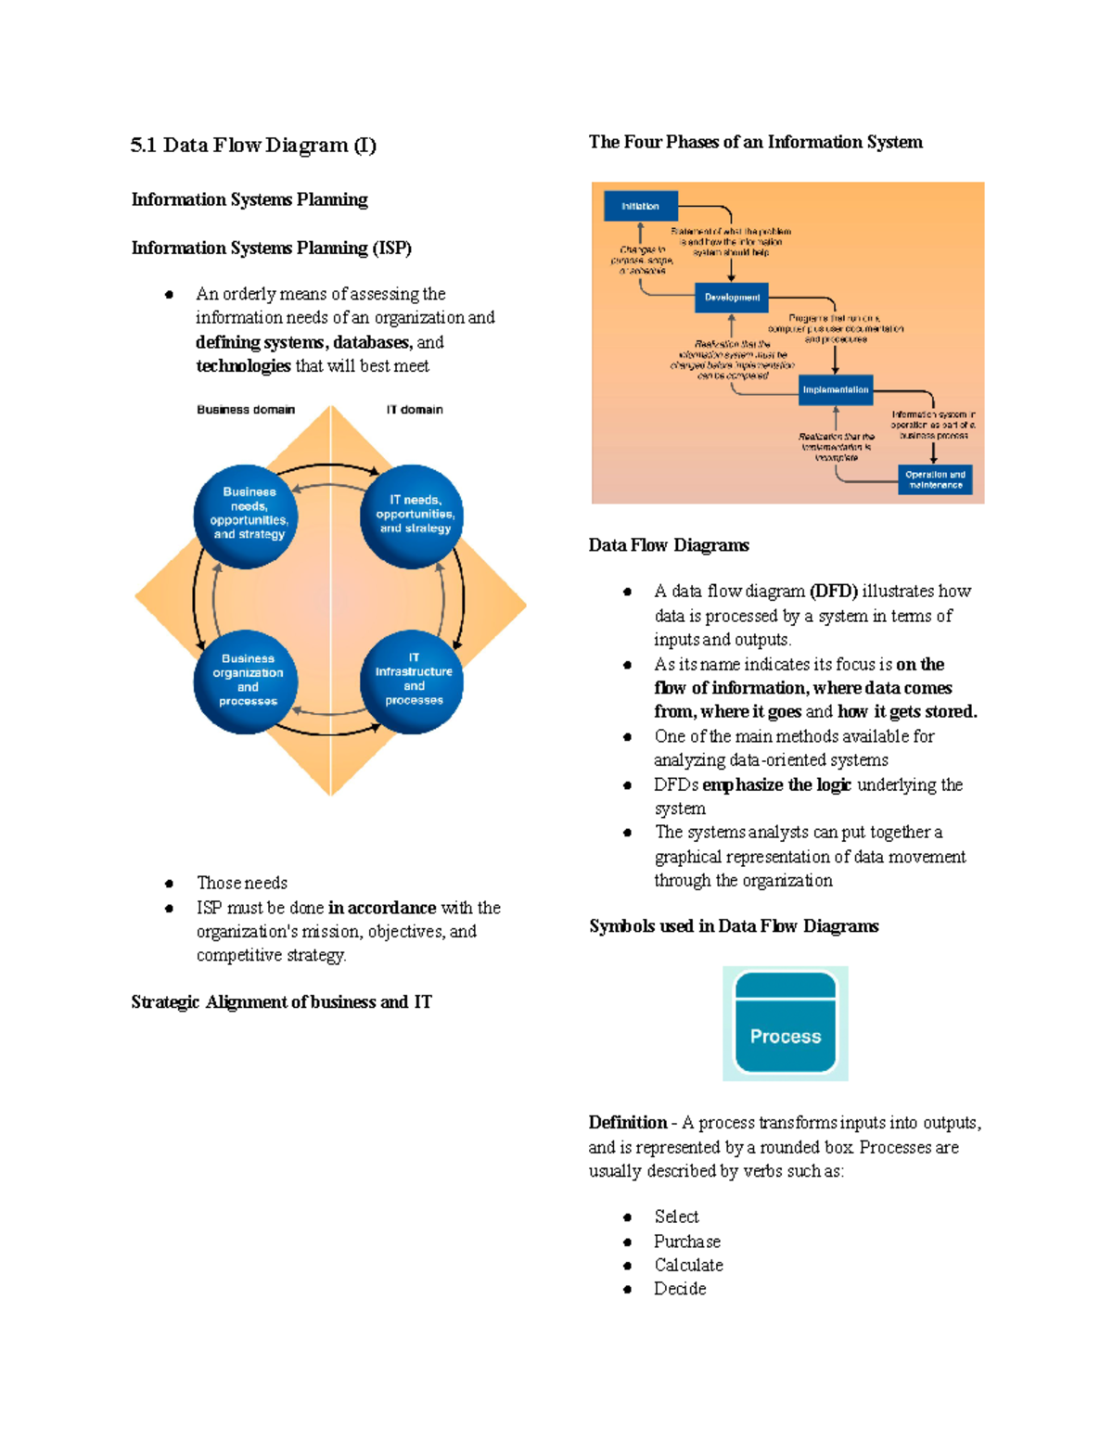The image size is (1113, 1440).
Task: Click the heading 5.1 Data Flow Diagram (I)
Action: point(253,145)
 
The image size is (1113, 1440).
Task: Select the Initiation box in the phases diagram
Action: point(640,206)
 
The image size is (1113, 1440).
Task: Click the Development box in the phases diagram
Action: point(732,298)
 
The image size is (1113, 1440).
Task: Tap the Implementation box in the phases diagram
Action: point(836,389)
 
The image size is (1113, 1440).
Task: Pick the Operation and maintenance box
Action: point(935,479)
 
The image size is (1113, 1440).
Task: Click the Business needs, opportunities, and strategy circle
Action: point(247,515)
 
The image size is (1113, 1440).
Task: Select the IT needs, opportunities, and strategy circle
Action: point(413,515)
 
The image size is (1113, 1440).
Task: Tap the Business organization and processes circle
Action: point(247,682)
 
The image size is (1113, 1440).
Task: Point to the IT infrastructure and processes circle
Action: point(413,682)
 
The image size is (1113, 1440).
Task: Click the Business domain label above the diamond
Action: point(246,410)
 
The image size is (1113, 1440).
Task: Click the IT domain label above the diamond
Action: point(415,410)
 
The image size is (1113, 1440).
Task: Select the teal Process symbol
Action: point(786,1024)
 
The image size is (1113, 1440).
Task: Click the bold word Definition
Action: point(628,1123)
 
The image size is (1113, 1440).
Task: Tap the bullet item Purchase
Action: point(686,1242)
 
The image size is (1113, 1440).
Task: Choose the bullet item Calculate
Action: point(688,1266)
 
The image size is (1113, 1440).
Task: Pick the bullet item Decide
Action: point(680,1289)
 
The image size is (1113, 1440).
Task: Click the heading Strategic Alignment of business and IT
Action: point(281,1002)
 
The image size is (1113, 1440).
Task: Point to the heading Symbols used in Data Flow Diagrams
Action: point(734,926)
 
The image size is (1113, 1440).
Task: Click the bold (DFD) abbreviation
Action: point(833,592)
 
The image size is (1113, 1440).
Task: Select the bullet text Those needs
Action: point(242,883)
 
